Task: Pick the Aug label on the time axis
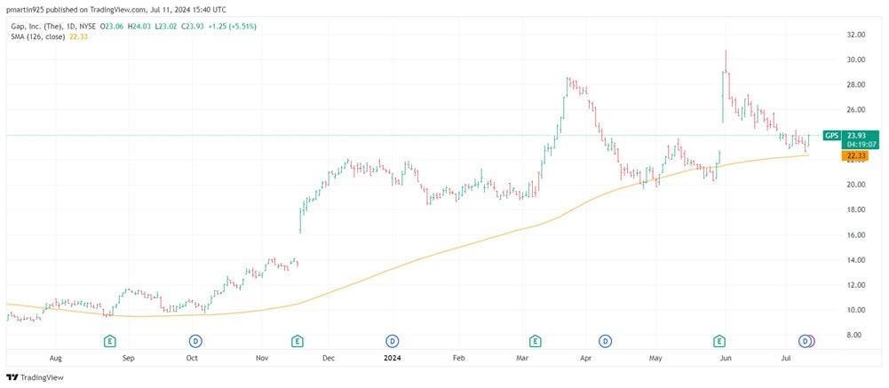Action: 55,358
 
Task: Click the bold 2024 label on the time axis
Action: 393,358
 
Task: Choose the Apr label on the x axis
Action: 586,358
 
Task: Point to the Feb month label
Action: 458,358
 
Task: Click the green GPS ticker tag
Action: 832,135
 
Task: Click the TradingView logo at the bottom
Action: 35,377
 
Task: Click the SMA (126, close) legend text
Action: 37,36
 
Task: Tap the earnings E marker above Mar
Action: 534,340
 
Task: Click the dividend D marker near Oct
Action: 195,340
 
